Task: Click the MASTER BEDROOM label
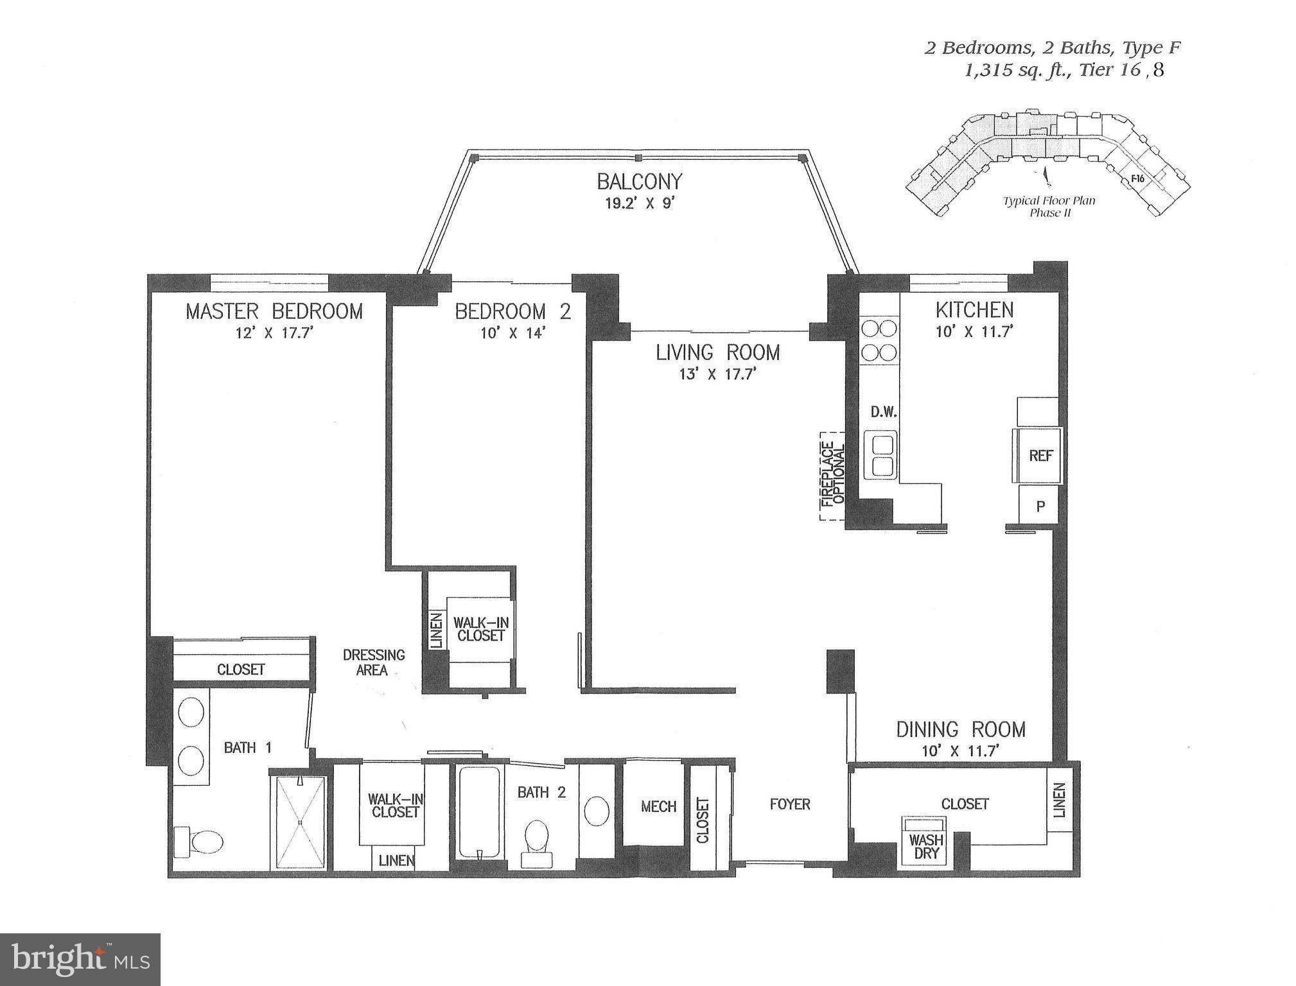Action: tap(274, 312)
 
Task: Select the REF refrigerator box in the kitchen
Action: tap(1040, 456)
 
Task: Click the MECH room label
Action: tap(658, 807)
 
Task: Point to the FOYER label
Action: tap(790, 804)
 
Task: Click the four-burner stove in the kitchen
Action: tap(879, 341)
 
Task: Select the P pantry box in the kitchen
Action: tap(1039, 506)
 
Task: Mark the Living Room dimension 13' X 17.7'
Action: tap(718, 374)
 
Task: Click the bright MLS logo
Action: tap(80, 960)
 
